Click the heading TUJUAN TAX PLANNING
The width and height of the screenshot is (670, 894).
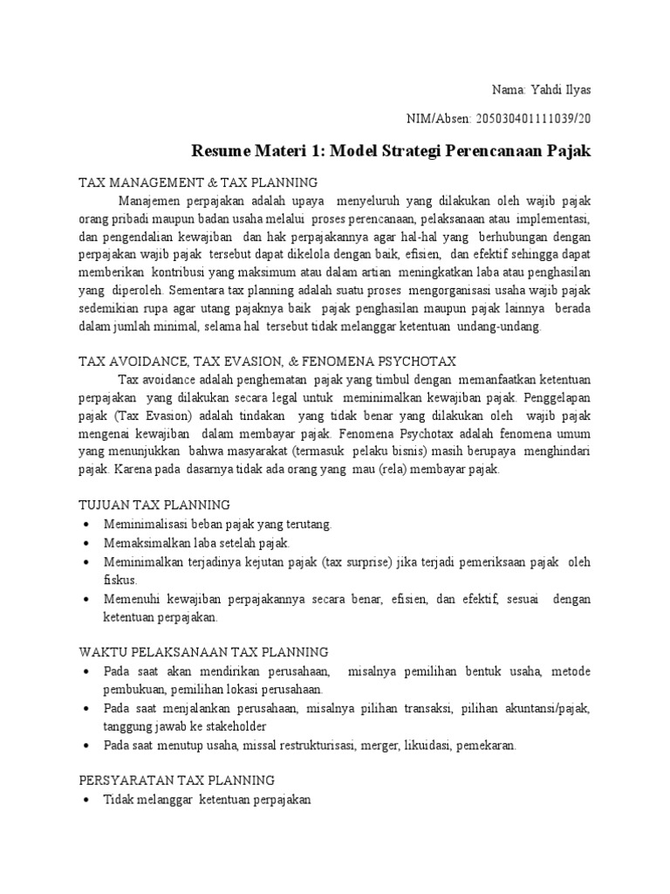pyautogui.click(x=154, y=505)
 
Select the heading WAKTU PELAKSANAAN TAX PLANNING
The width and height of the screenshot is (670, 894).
pyautogui.click(x=203, y=651)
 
